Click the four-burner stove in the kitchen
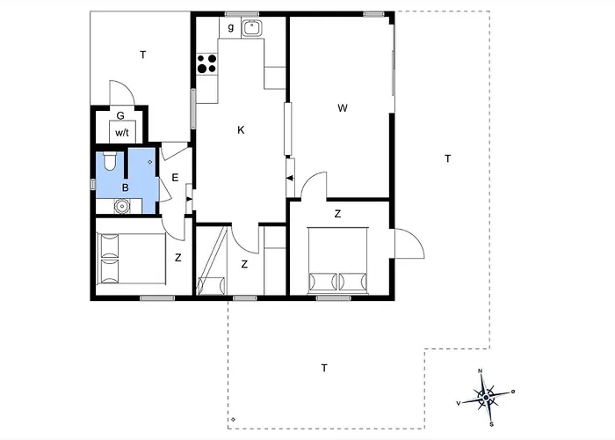click(208, 63)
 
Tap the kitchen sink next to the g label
click(254, 27)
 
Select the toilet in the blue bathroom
click(108, 161)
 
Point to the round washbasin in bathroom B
click(122, 206)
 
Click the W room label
click(344, 108)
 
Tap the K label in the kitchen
click(240, 130)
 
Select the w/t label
click(121, 132)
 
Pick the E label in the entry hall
click(175, 179)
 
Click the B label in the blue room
click(126, 187)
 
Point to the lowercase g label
click(230, 27)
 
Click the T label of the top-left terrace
click(142, 55)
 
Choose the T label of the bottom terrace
click(324, 367)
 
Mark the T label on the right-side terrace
click(447, 158)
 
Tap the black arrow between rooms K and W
click(289, 180)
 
